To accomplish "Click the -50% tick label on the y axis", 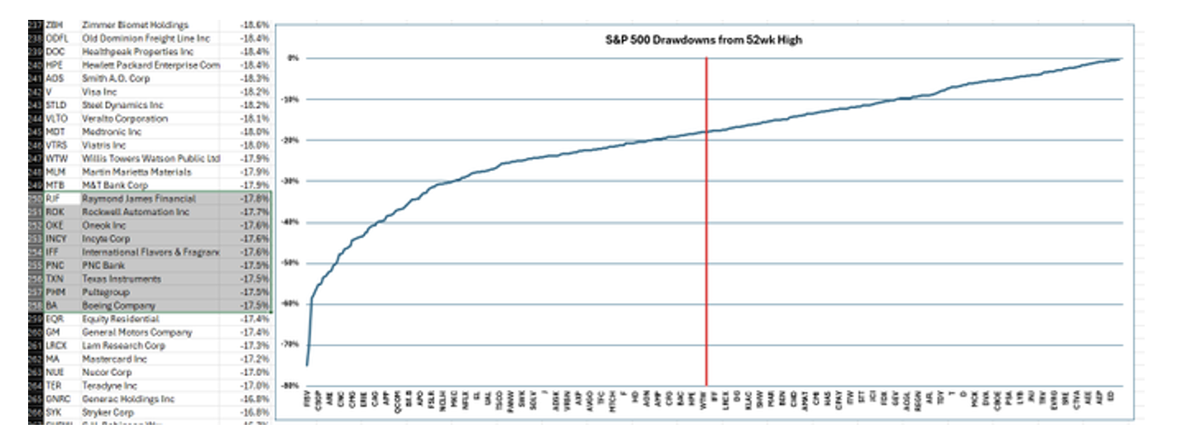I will (292, 263).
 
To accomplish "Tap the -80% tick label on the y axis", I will (292, 385).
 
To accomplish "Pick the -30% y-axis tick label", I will (292, 181).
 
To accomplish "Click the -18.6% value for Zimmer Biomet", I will (251, 26).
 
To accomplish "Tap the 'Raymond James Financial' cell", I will (139, 199).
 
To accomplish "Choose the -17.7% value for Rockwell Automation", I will (251, 212).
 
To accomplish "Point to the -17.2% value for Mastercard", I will (251, 359).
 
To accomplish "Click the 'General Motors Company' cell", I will (137, 332).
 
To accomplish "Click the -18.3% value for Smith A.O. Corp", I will (251, 79).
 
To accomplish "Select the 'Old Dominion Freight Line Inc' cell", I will (146, 39).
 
